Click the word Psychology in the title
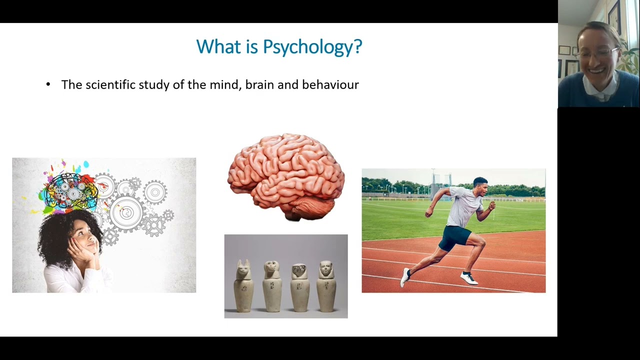click(312, 47)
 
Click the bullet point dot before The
click(48, 84)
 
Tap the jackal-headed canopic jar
click(243, 286)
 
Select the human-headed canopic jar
click(326, 286)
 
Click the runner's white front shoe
click(468, 278)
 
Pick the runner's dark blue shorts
click(454, 237)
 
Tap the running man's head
click(480, 186)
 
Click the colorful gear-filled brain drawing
click(70, 190)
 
